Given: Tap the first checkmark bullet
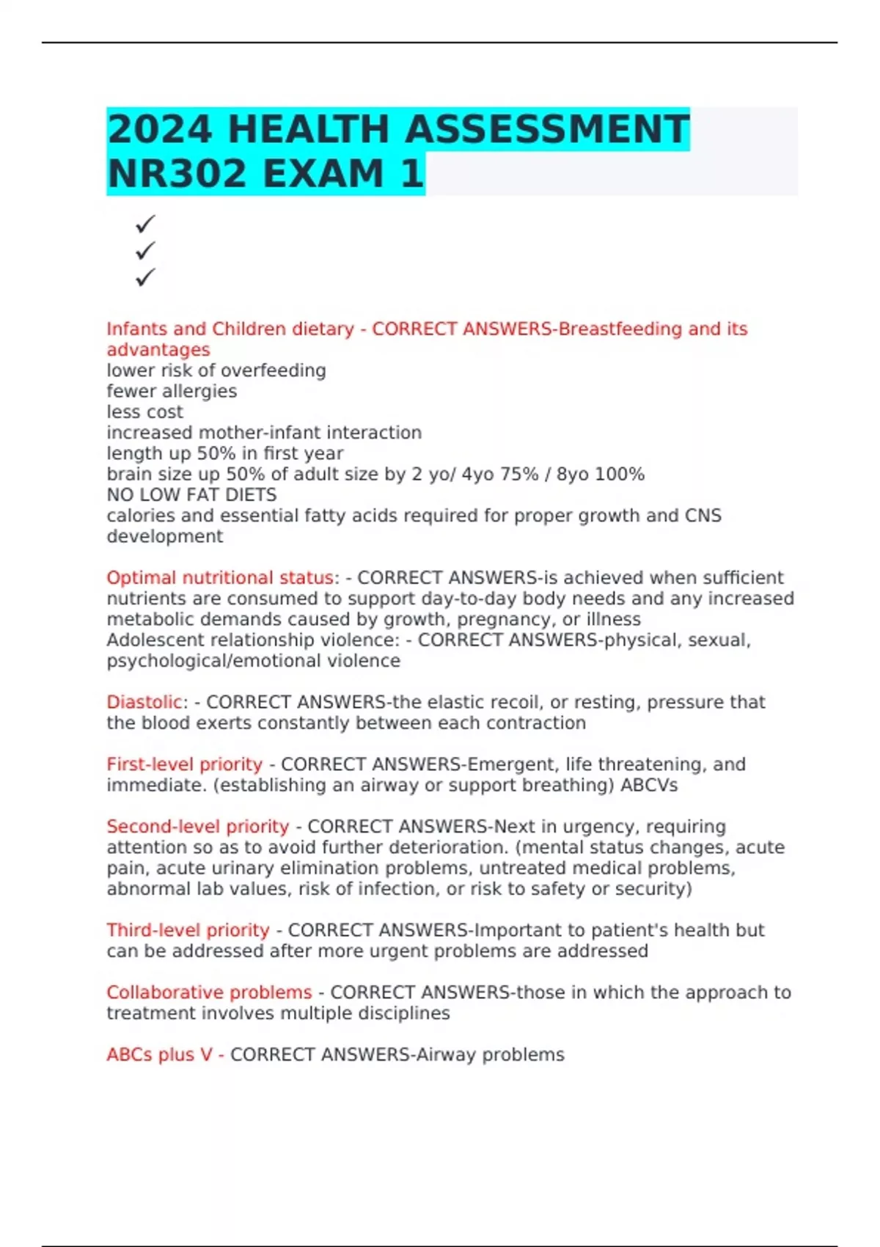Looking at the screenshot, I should (145, 223).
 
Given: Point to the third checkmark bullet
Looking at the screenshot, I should (145, 277).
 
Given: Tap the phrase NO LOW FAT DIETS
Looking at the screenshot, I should (191, 494).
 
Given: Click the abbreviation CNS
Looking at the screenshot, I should (703, 516).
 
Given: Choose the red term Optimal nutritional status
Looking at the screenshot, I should (220, 578).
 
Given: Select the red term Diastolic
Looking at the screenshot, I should (144, 702).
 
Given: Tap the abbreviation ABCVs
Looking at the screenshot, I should (648, 785).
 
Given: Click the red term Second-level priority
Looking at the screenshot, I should (197, 826).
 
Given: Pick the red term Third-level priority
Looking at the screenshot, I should (188, 929).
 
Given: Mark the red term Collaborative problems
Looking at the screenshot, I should (209, 992).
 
